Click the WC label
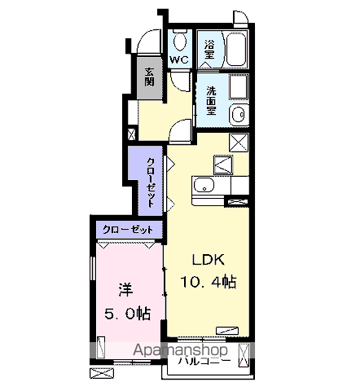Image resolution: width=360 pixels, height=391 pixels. (179, 59)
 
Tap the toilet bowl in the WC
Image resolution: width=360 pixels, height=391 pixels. (180, 42)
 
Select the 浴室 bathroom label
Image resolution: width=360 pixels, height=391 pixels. (209, 50)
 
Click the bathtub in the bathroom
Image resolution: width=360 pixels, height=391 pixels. (236, 49)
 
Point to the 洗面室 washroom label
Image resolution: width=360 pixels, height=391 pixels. (211, 100)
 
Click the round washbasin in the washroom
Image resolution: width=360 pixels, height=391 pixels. (239, 115)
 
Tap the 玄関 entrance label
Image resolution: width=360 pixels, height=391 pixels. (149, 77)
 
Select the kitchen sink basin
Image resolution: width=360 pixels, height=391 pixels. (204, 186)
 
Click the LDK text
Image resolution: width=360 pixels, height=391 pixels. (209, 260)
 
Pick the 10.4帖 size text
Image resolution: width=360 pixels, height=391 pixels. (209, 282)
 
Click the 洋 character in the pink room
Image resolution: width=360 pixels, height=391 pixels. (125, 290)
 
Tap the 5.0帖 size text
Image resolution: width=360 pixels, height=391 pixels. (127, 314)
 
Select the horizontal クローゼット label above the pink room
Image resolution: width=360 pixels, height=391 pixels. (128, 230)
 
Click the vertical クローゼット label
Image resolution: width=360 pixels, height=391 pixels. (151, 182)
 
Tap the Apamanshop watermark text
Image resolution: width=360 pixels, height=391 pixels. (180, 350)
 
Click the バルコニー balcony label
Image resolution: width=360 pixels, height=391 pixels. (204, 361)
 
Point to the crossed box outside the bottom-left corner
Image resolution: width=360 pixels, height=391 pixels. (102, 373)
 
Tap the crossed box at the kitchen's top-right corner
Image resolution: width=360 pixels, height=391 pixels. (239, 143)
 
